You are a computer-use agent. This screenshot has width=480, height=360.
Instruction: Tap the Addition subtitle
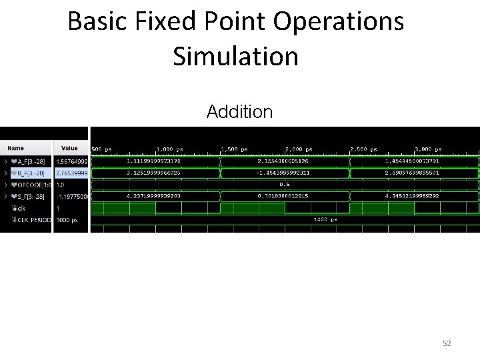click(x=239, y=111)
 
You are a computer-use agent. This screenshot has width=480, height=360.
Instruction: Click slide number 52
click(x=447, y=343)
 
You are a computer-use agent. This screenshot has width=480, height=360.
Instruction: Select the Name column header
click(x=16, y=148)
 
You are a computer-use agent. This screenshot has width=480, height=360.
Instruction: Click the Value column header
click(x=69, y=148)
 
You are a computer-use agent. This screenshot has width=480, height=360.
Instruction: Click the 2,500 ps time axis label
click(x=364, y=149)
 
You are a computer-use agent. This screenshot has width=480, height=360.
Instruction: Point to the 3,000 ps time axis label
click(x=428, y=149)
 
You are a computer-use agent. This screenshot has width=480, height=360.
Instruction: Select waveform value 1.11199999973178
click(x=153, y=161)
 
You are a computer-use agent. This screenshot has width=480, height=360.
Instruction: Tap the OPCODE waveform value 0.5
click(x=284, y=185)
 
